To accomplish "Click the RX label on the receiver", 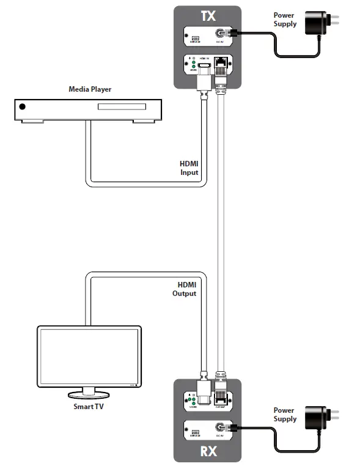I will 208,452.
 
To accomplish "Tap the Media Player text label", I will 90,90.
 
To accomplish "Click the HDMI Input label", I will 189,168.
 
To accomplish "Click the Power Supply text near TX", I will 285,20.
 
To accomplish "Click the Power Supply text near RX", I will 284,415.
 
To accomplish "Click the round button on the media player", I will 23,107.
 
